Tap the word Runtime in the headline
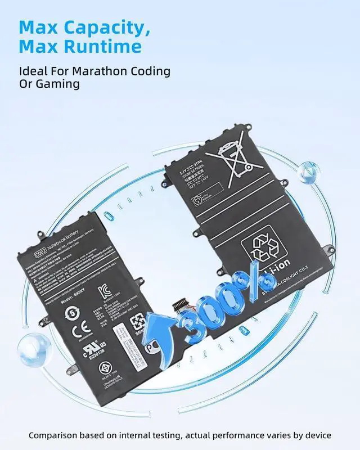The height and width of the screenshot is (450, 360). pyautogui.click(x=105, y=47)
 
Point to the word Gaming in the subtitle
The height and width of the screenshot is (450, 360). pyautogui.click(x=56, y=84)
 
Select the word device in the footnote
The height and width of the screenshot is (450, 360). pyautogui.click(x=316, y=435)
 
